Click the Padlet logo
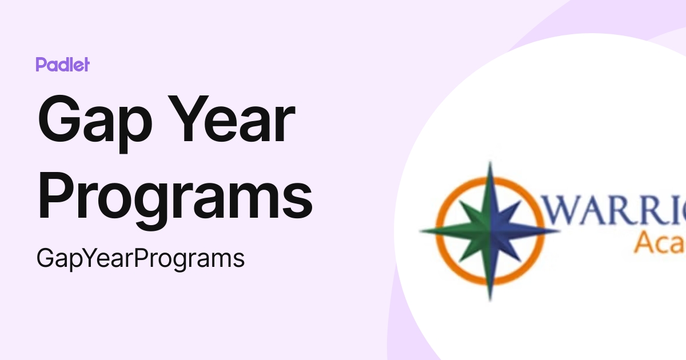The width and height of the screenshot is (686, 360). pos(62,65)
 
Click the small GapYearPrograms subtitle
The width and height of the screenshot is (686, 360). pos(141,259)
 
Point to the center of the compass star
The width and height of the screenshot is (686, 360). pos(490,231)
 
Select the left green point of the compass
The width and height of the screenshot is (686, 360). pos(429,231)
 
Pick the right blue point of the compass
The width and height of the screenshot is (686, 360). pos(552,231)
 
